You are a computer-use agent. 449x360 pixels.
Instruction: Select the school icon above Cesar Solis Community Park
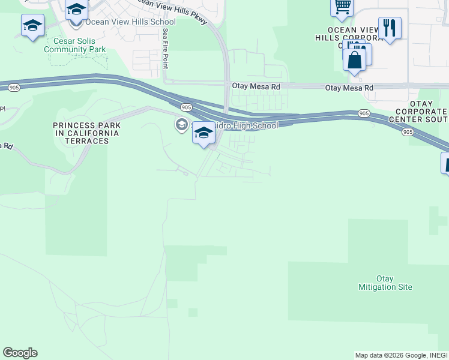32,26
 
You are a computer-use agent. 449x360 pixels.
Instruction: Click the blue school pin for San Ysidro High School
203,133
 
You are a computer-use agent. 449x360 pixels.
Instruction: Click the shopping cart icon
342,7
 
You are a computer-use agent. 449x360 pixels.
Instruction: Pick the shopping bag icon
355,60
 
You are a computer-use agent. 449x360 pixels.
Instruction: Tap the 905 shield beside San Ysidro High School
186,107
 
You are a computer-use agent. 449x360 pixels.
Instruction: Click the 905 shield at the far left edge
13,88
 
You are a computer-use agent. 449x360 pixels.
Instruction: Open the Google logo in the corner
20,353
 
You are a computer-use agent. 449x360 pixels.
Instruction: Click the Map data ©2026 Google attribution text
401,355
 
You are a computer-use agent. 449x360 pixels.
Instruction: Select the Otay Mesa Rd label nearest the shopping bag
349,88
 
